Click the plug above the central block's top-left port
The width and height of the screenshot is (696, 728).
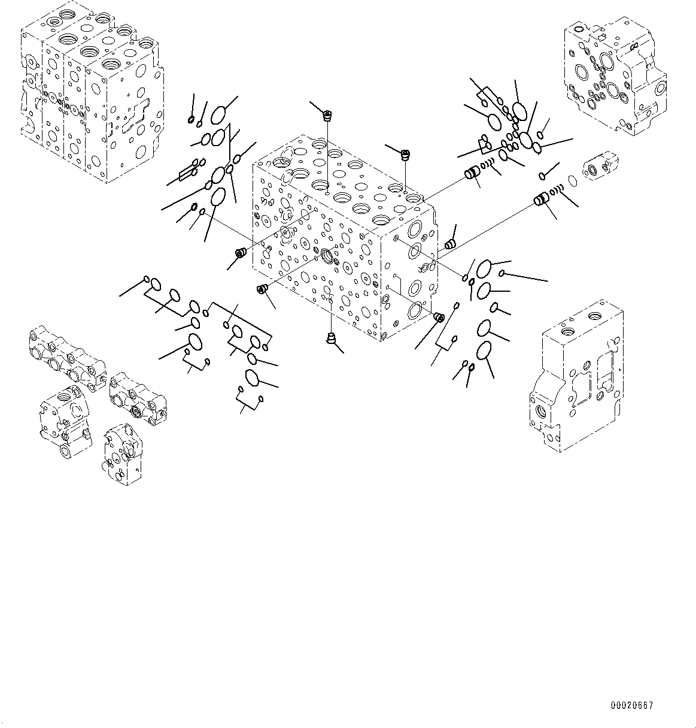point(327,114)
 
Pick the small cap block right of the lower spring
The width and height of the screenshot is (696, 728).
point(600,165)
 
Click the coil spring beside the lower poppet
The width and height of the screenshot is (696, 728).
point(557,192)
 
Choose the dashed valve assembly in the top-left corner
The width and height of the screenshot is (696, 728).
point(90,90)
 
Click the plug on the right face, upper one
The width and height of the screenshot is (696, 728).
point(451,244)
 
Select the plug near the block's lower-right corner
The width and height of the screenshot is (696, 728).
point(439,317)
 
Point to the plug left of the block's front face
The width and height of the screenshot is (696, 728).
point(241,253)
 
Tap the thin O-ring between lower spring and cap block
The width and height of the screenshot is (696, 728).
point(572,179)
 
